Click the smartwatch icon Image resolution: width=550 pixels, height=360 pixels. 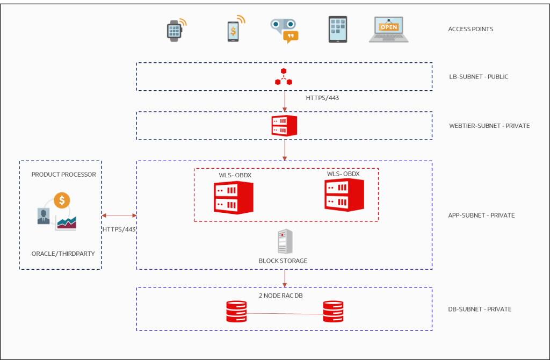click(x=173, y=30)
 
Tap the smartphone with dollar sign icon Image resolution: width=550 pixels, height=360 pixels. click(x=233, y=31)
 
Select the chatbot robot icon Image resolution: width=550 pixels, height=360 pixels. click(x=283, y=30)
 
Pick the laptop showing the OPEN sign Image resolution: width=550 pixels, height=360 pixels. click(x=388, y=30)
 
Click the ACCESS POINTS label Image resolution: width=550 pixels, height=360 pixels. click(x=471, y=29)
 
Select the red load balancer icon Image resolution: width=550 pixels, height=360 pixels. click(x=284, y=77)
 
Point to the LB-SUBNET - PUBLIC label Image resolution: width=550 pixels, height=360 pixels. click(x=478, y=77)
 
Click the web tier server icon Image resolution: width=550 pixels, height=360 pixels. click(x=284, y=126)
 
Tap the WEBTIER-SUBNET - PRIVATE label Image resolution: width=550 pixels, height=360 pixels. click(x=489, y=126)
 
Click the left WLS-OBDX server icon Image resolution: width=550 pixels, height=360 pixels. click(x=233, y=197)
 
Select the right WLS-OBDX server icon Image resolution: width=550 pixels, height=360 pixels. click(x=344, y=195)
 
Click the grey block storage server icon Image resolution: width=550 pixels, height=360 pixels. click(x=285, y=242)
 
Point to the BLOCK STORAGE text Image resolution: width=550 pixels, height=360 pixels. click(x=283, y=261)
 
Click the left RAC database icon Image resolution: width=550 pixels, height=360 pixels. click(x=236, y=311)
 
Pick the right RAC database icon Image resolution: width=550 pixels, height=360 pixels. click(x=333, y=311)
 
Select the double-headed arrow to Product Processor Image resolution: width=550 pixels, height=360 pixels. click(x=119, y=215)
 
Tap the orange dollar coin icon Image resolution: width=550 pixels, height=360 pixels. click(x=62, y=200)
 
